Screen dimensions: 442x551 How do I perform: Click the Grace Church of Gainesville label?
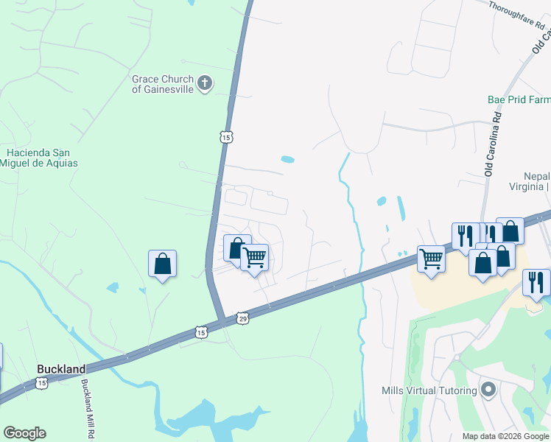coord(162,84)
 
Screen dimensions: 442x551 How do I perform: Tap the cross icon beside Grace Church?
coord(205,83)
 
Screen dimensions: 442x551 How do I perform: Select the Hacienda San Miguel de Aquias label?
coord(42,158)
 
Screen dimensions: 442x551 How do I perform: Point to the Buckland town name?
coord(61,368)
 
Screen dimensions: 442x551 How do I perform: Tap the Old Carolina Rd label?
coord(492,144)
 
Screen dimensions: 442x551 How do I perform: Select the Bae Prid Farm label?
coord(519,99)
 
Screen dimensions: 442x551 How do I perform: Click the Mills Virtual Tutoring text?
coord(429,390)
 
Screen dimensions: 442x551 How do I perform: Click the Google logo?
coord(24,433)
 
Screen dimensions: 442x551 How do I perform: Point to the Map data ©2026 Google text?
coord(505,436)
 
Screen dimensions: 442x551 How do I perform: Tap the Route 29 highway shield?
coord(243,318)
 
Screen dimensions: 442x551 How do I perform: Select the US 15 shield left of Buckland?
coord(41,383)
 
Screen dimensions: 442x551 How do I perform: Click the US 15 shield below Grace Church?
coord(225,137)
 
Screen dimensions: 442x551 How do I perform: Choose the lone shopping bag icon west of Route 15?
coord(162,264)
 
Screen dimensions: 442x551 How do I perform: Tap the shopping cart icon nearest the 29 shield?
coord(254,258)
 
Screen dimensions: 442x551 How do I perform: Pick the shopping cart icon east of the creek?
coord(431,258)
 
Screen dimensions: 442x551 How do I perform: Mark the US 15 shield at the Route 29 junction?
coord(201,332)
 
